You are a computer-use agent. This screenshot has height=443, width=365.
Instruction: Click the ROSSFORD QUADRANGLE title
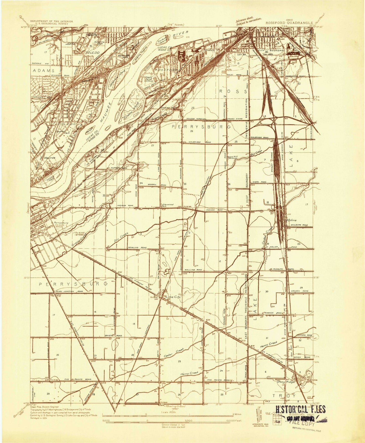pos(289,22)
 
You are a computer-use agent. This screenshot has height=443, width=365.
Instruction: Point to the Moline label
pos(291,220)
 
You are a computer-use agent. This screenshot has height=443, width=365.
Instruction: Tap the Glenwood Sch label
pos(168,205)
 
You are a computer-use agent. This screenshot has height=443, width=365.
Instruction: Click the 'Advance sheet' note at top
pos(245,22)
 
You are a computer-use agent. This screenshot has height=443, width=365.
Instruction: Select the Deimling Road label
pos(137,248)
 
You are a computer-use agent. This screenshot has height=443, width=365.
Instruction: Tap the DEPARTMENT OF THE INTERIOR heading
pos(52,21)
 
